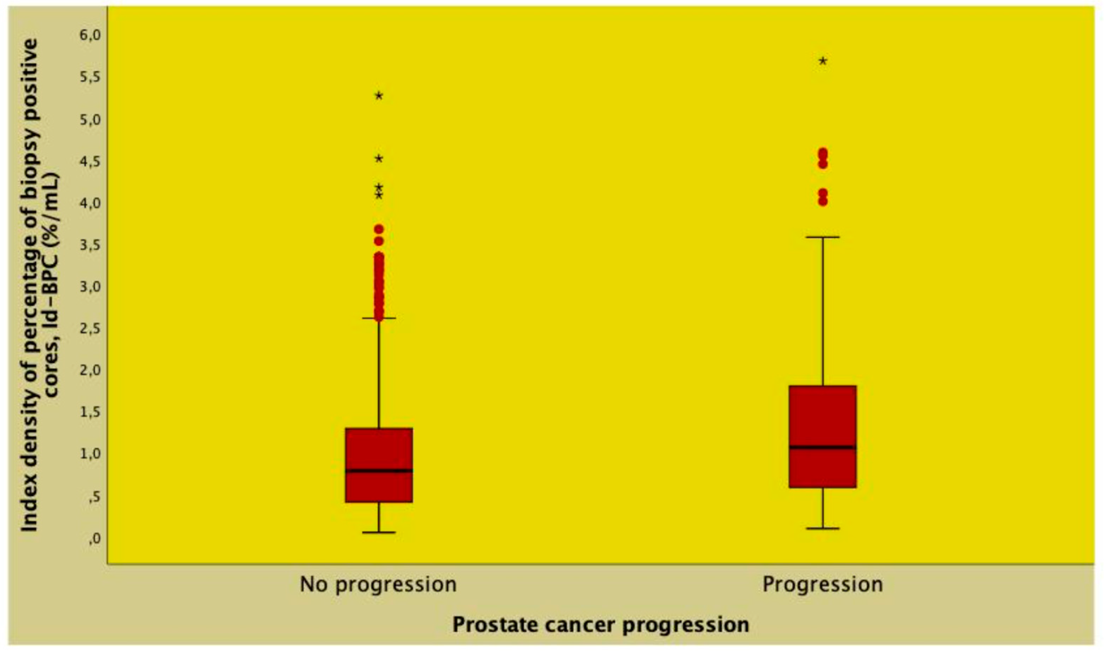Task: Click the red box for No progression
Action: pyautogui.click(x=379, y=448)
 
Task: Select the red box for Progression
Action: pyautogui.click(x=822, y=417)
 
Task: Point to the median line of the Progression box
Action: pyautogui.click(x=822, y=447)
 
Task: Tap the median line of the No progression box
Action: pyautogui.click(x=379, y=470)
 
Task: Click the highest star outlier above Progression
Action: pyautogui.click(x=823, y=61)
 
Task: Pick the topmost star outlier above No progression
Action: pyautogui.click(x=379, y=96)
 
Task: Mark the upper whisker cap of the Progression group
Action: pyautogui.click(x=822, y=237)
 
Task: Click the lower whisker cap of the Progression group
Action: pyautogui.click(x=822, y=528)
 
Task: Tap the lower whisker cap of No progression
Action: pyautogui.click(x=379, y=533)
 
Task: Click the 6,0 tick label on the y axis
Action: pyautogui.click(x=90, y=35)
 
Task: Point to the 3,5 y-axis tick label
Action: pyautogui.click(x=90, y=245)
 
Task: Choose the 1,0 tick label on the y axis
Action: pyautogui.click(x=90, y=454)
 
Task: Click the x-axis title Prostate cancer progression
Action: pyautogui.click(x=601, y=625)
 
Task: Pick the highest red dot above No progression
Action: pyautogui.click(x=379, y=229)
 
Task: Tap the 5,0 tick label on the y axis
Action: pyautogui.click(x=90, y=119)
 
